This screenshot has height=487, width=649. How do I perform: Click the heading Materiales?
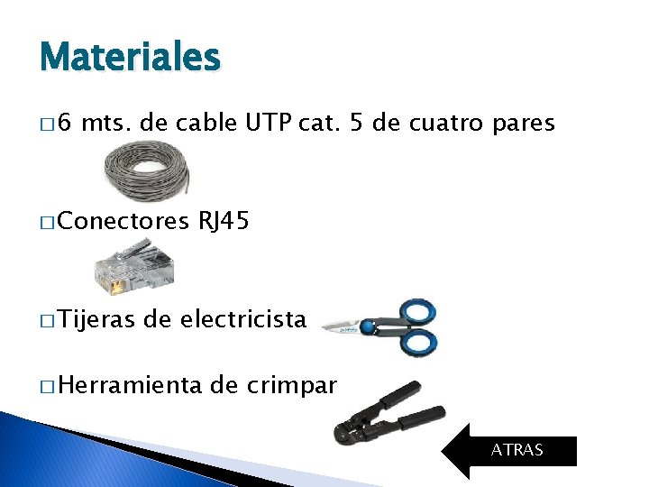coord(130,59)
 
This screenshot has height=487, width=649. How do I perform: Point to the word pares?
coord(524,124)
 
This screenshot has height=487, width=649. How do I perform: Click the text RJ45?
coord(224,221)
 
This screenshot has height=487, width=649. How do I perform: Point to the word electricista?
coord(243,318)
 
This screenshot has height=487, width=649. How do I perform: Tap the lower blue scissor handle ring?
coord(418,341)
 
